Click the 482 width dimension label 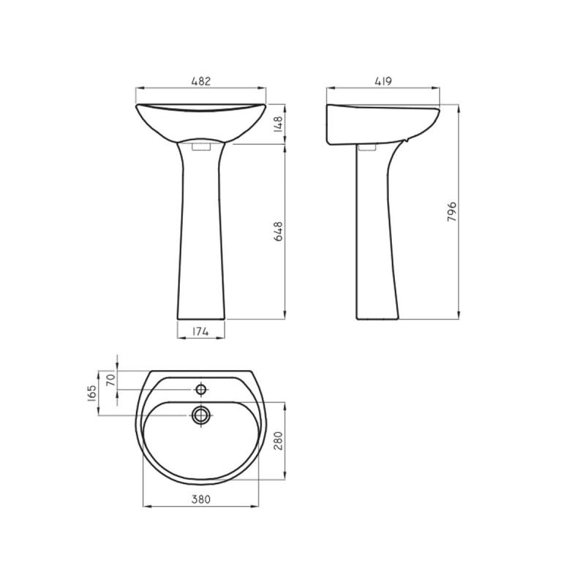pos(201,82)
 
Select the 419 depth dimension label pos(382,82)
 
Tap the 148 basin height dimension pos(279,124)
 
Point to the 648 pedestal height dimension pos(279,233)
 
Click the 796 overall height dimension pos(453,213)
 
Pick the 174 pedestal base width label pos(201,332)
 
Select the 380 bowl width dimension pos(201,499)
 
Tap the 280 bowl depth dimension pos(279,441)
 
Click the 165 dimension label pos(92,393)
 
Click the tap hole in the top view pos(201,389)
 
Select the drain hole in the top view pos(201,415)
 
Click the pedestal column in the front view pos(201,234)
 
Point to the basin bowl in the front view pos(201,121)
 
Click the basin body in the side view pos(380,124)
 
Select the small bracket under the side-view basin pos(368,147)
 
